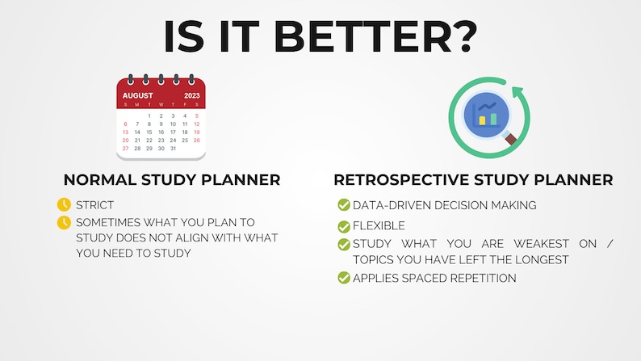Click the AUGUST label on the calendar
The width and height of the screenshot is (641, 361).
point(137,95)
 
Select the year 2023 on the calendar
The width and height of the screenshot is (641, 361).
point(191,95)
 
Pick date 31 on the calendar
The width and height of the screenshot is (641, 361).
point(172,149)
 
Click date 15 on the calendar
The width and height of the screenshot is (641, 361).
point(149,132)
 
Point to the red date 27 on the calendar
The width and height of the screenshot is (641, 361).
point(125,149)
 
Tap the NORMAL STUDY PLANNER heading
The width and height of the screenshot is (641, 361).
point(172,179)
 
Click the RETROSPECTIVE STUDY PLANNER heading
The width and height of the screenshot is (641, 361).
point(473,179)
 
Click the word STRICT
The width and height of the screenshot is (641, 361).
point(95,205)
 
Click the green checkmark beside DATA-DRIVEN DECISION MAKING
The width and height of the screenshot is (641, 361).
point(343,205)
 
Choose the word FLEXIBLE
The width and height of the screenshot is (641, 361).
point(379,226)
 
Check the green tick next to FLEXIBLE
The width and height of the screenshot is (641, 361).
point(343,226)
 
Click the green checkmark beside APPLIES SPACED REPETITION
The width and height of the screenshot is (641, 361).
point(343,278)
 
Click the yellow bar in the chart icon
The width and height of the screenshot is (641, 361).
point(483,120)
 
